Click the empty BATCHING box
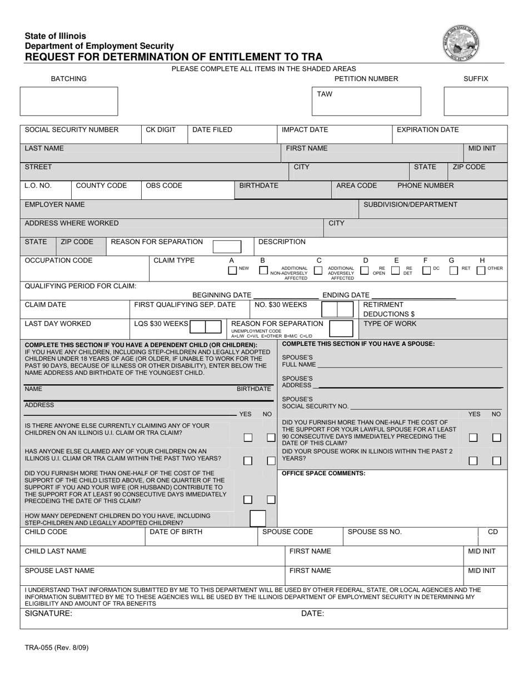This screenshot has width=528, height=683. point(69,101)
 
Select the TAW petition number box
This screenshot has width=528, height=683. point(366,101)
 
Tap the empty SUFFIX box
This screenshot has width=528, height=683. point(476,101)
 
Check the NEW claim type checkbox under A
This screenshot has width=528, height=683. point(232,271)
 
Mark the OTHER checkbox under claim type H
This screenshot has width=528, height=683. point(481,271)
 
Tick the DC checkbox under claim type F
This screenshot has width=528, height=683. point(426,271)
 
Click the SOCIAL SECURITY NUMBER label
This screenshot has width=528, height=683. point(72,130)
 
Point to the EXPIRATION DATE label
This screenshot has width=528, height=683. point(427,130)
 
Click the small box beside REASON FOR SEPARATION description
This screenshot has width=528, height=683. point(227,247)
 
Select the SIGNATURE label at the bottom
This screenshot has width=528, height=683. point(48,614)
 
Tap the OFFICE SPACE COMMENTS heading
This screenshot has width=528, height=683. point(324,473)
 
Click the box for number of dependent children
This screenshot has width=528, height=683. point(258,519)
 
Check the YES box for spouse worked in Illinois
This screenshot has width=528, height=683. point(473,461)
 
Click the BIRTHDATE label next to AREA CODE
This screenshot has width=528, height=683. point(258,185)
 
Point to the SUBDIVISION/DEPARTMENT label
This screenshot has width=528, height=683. point(411,204)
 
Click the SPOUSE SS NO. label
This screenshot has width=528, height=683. point(375,532)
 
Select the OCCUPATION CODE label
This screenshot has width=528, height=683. point(59,260)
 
